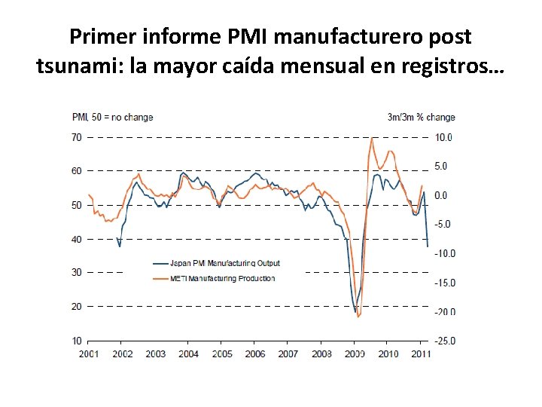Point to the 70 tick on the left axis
(77, 137)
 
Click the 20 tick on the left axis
(77, 307)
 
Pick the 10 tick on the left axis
(77, 341)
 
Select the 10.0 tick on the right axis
(444, 137)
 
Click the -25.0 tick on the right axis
(444, 341)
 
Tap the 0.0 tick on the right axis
(443, 195)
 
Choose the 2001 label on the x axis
(88, 353)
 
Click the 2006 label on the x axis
(255, 353)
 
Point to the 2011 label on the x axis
(422, 353)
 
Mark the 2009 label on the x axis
(355, 353)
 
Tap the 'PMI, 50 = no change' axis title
(112, 117)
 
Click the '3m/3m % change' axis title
(422, 117)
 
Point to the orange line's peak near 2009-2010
(372, 137)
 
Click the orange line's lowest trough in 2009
(358, 317)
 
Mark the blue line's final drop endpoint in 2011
(428, 246)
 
